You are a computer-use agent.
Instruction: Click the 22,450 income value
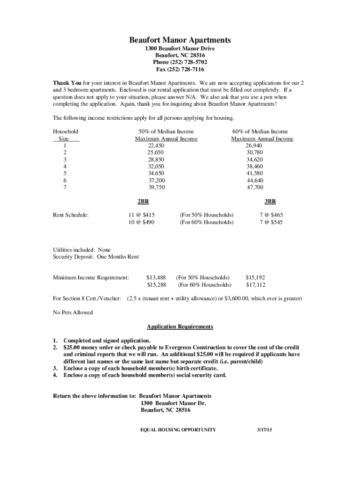coord(156,146)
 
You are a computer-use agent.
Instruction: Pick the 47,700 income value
coord(255,187)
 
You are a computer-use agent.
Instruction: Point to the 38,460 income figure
coord(255,167)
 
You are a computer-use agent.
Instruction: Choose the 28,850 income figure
coord(156,160)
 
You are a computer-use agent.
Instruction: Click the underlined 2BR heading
coord(143,202)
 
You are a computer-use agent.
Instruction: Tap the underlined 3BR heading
coord(270,202)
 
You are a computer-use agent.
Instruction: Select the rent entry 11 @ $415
coord(142,215)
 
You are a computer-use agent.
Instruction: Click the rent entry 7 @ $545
coord(271,222)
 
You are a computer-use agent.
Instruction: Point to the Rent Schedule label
coord(71,215)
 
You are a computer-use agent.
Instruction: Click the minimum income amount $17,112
coord(256,284)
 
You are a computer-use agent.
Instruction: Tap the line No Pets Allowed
coord(73,312)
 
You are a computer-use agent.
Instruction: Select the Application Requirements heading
coord(180,327)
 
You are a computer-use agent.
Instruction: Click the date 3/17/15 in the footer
coord(265,429)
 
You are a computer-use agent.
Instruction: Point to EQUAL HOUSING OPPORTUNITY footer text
coord(178,429)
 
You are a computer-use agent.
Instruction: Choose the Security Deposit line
coord(96,257)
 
